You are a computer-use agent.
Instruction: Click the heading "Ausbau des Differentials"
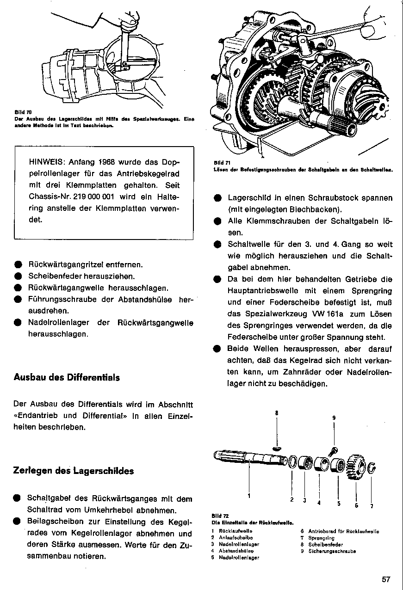point(67,378)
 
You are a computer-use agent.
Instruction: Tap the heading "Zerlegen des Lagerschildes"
point(74,471)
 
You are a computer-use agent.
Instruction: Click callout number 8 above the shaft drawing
point(277,412)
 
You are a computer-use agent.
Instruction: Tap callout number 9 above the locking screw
point(334,418)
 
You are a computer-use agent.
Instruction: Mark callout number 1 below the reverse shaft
point(249,496)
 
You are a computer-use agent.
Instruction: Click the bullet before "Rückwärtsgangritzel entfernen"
point(17,265)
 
